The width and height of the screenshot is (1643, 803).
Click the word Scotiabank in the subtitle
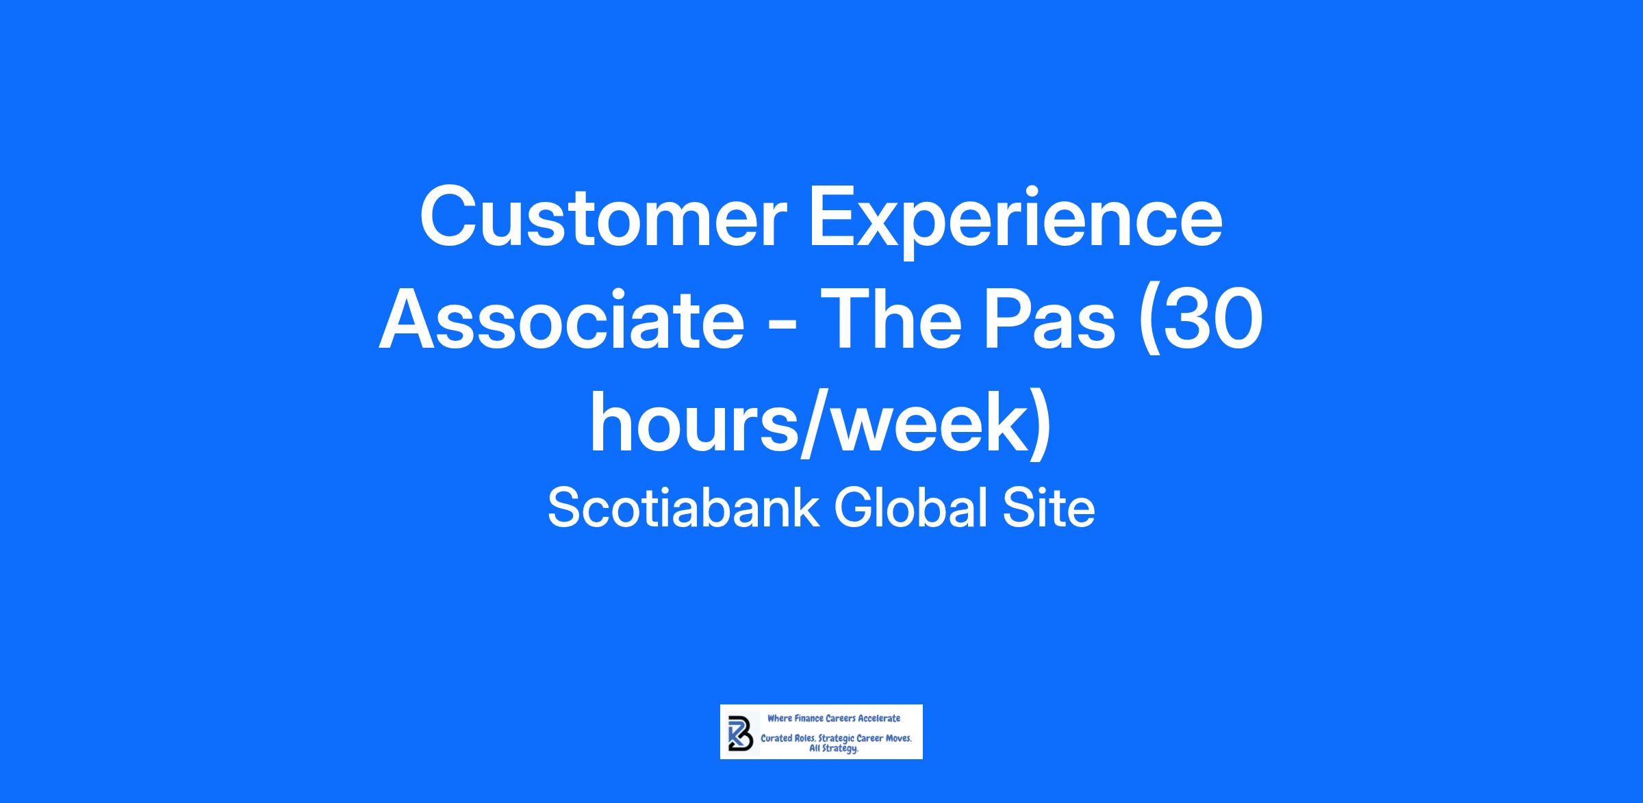[x=683, y=509]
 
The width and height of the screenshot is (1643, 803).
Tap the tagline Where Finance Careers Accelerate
[x=834, y=718]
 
